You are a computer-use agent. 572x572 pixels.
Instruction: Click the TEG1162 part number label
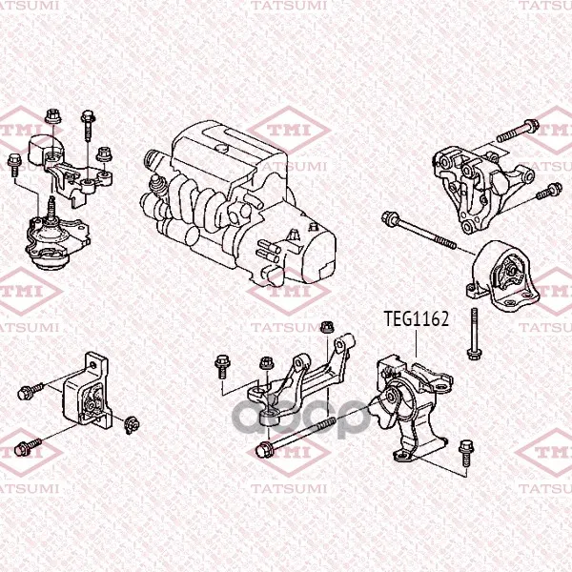coord(417,318)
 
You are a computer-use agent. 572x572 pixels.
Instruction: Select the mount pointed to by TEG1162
coord(412,408)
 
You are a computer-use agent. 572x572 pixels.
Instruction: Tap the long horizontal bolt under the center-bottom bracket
coord(296,437)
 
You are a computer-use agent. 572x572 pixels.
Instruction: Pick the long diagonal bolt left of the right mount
coord(419,231)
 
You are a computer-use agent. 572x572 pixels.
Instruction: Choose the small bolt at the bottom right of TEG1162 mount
coord(466,452)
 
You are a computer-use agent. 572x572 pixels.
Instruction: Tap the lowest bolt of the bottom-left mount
coord(28,447)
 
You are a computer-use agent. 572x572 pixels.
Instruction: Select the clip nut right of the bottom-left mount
coord(133,425)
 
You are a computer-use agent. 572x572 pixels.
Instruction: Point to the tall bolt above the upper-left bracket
coord(88,125)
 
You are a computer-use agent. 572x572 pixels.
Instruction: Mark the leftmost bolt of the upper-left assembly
coord(14,165)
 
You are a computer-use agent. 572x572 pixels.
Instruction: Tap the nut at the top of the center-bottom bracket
coord(327,327)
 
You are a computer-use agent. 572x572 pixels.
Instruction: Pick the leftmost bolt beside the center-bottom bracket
coord(222,367)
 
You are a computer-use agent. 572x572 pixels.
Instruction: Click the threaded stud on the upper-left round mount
coord(51,207)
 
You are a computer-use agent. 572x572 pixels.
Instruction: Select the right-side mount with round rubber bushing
coord(503,276)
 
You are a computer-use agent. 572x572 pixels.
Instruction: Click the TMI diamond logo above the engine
coord(289,131)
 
